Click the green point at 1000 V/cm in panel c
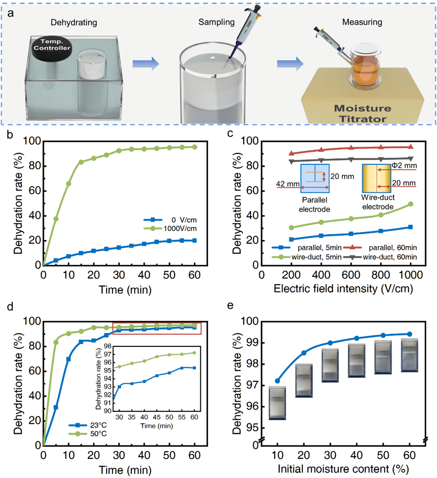[410, 204]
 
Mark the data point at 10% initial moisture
[277, 381]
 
